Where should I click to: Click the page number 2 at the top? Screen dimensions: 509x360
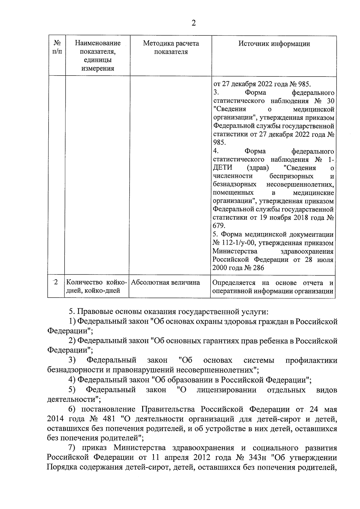point(193,23)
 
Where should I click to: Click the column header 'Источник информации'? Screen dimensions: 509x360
point(274,44)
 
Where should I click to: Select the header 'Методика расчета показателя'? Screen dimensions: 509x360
point(171,48)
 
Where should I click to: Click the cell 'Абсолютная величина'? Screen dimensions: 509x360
point(166,283)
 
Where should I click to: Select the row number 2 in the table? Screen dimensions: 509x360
point(55,282)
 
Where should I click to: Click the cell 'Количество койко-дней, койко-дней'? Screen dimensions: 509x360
point(97,286)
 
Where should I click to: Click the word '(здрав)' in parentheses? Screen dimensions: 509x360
point(258,168)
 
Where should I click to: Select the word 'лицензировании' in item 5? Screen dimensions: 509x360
point(226,390)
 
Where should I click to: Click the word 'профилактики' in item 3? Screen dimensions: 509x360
point(311,360)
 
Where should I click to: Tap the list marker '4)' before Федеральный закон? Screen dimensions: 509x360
point(71,380)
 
